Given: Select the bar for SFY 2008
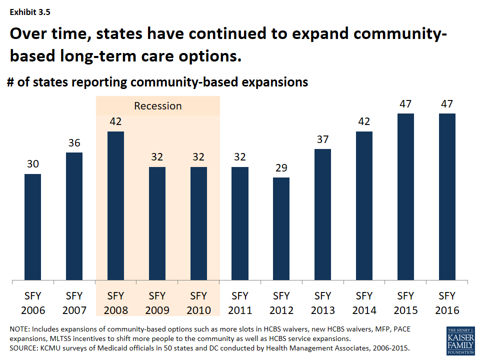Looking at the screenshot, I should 115,205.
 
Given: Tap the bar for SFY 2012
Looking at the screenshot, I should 281,228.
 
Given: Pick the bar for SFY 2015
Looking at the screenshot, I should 405,196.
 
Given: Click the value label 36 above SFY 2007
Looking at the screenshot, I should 74,143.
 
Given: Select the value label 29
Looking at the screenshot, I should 281,168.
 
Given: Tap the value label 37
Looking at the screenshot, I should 323,139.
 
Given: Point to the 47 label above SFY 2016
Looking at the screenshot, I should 447,104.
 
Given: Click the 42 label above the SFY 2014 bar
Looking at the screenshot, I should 364,122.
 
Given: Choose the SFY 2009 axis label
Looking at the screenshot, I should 157,302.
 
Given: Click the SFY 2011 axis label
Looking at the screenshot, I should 240,302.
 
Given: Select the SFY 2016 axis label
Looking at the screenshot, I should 447,302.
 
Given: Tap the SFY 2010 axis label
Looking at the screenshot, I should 198,302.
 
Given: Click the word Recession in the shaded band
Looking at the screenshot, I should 157,106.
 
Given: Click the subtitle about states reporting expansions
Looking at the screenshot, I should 157,82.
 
